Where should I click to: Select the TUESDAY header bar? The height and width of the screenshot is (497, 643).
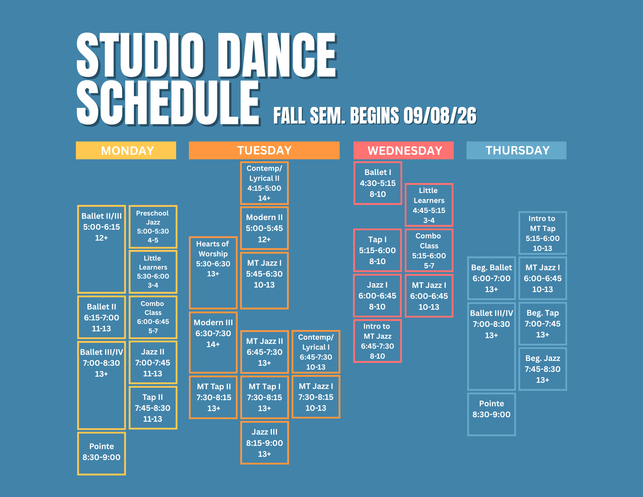[264, 150]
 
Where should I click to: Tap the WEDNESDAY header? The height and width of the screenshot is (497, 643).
[403, 150]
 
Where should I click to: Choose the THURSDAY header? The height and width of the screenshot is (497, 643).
[516, 150]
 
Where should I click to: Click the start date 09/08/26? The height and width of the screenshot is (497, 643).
[440, 116]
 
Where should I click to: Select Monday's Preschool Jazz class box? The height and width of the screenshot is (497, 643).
[153, 227]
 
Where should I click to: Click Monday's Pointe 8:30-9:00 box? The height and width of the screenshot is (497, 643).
[102, 454]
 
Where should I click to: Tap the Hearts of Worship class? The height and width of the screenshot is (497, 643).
[213, 273]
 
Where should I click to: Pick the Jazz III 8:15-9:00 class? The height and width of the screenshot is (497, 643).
[265, 443]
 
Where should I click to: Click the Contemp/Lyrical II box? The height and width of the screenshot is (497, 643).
[264, 183]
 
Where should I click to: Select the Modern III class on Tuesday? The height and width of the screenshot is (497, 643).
[213, 342]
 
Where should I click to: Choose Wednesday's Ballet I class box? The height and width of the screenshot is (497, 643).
[378, 183]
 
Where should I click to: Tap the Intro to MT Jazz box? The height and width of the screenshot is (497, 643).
[377, 341]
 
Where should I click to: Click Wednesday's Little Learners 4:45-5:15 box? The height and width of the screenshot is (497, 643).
[429, 205]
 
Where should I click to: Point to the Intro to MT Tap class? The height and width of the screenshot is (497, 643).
[543, 233]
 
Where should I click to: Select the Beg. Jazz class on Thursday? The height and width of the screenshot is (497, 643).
[543, 369]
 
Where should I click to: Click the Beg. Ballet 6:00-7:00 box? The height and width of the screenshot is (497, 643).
[492, 278]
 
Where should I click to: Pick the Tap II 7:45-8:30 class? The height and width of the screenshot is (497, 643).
[153, 408]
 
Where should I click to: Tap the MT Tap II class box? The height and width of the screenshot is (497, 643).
[213, 397]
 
